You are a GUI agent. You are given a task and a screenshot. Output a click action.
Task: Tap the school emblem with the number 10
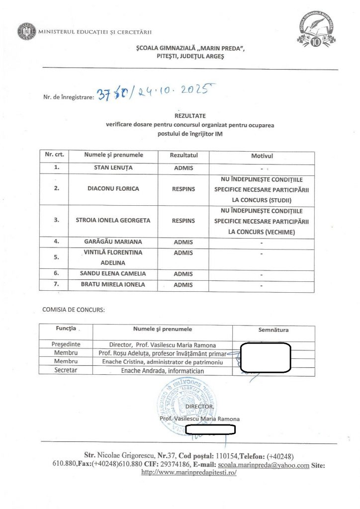(315, 31)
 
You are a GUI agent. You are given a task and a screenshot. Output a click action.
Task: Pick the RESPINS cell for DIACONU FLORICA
(183, 189)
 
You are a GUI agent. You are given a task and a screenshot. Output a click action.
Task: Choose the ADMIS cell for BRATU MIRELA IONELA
(183, 285)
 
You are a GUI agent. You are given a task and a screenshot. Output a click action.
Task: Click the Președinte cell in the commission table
(66, 344)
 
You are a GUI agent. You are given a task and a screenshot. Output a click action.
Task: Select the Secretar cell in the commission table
(66, 371)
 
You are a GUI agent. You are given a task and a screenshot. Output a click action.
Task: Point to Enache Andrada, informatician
(163, 371)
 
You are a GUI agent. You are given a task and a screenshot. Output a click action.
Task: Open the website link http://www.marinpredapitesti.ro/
(189, 472)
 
